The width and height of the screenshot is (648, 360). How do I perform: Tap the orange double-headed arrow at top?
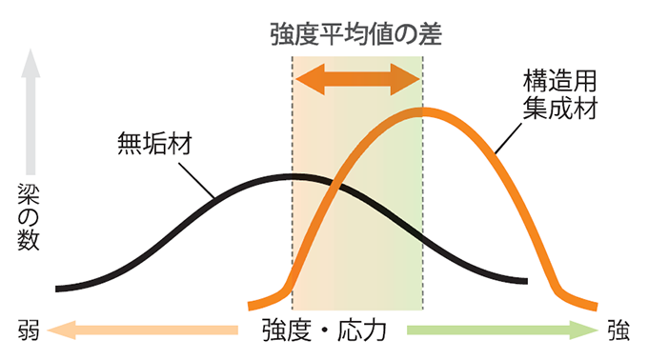coord(356,80)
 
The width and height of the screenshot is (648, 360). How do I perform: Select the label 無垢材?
coord(154,144)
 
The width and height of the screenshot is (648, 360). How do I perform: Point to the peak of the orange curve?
coord(425,112)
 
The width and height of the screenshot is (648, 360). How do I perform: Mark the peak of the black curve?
coord(294,176)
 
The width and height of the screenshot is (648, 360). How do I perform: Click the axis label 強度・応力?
coord(323,331)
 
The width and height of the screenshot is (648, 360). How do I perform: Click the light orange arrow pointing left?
coord(143,331)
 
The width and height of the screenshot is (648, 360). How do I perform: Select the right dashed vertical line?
coord(422,190)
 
